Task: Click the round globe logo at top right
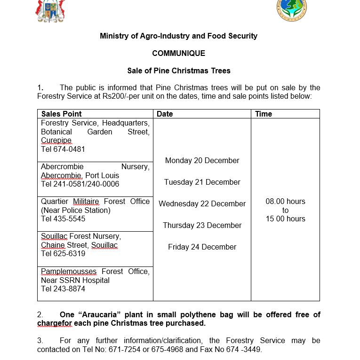[x=291, y=9]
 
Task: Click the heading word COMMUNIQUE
[x=178, y=54]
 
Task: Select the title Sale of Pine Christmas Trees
[x=179, y=71]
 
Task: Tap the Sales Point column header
[x=61, y=114]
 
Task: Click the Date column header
[x=165, y=114]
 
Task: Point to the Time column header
[x=264, y=114]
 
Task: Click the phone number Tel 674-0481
[x=63, y=149]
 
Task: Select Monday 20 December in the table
[x=202, y=161]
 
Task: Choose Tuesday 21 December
[x=202, y=182]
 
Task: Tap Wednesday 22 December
[x=202, y=204]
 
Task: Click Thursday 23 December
[x=202, y=226]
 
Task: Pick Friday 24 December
[x=202, y=247]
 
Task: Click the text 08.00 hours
[x=285, y=202]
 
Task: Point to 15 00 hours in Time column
[x=285, y=219]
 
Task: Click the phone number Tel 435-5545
[x=63, y=219]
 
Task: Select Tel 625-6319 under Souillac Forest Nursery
[x=63, y=254]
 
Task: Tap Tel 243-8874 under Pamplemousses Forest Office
[x=63, y=289]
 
